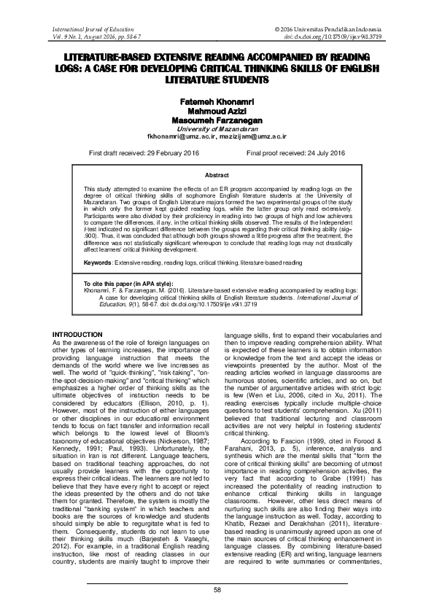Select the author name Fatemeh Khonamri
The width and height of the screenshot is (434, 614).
(217, 102)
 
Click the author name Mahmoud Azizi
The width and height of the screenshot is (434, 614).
(217, 112)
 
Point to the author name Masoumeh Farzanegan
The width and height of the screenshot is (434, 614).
(217, 120)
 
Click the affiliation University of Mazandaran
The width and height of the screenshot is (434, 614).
(217, 128)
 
